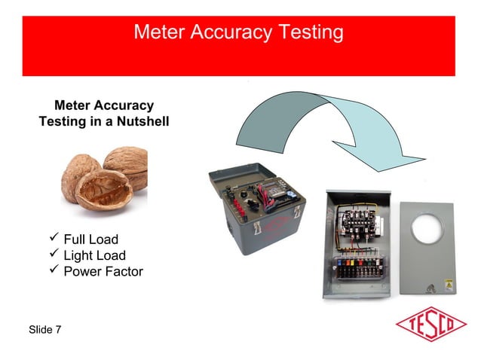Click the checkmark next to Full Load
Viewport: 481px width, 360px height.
[x=53, y=239]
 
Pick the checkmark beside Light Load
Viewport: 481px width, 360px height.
[x=53, y=255]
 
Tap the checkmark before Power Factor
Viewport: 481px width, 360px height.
[x=53, y=271]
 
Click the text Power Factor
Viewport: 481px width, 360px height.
[x=103, y=272]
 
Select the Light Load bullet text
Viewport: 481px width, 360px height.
[x=94, y=256]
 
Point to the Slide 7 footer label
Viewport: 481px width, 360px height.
[x=45, y=330]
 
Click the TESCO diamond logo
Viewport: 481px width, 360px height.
[x=430, y=327]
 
